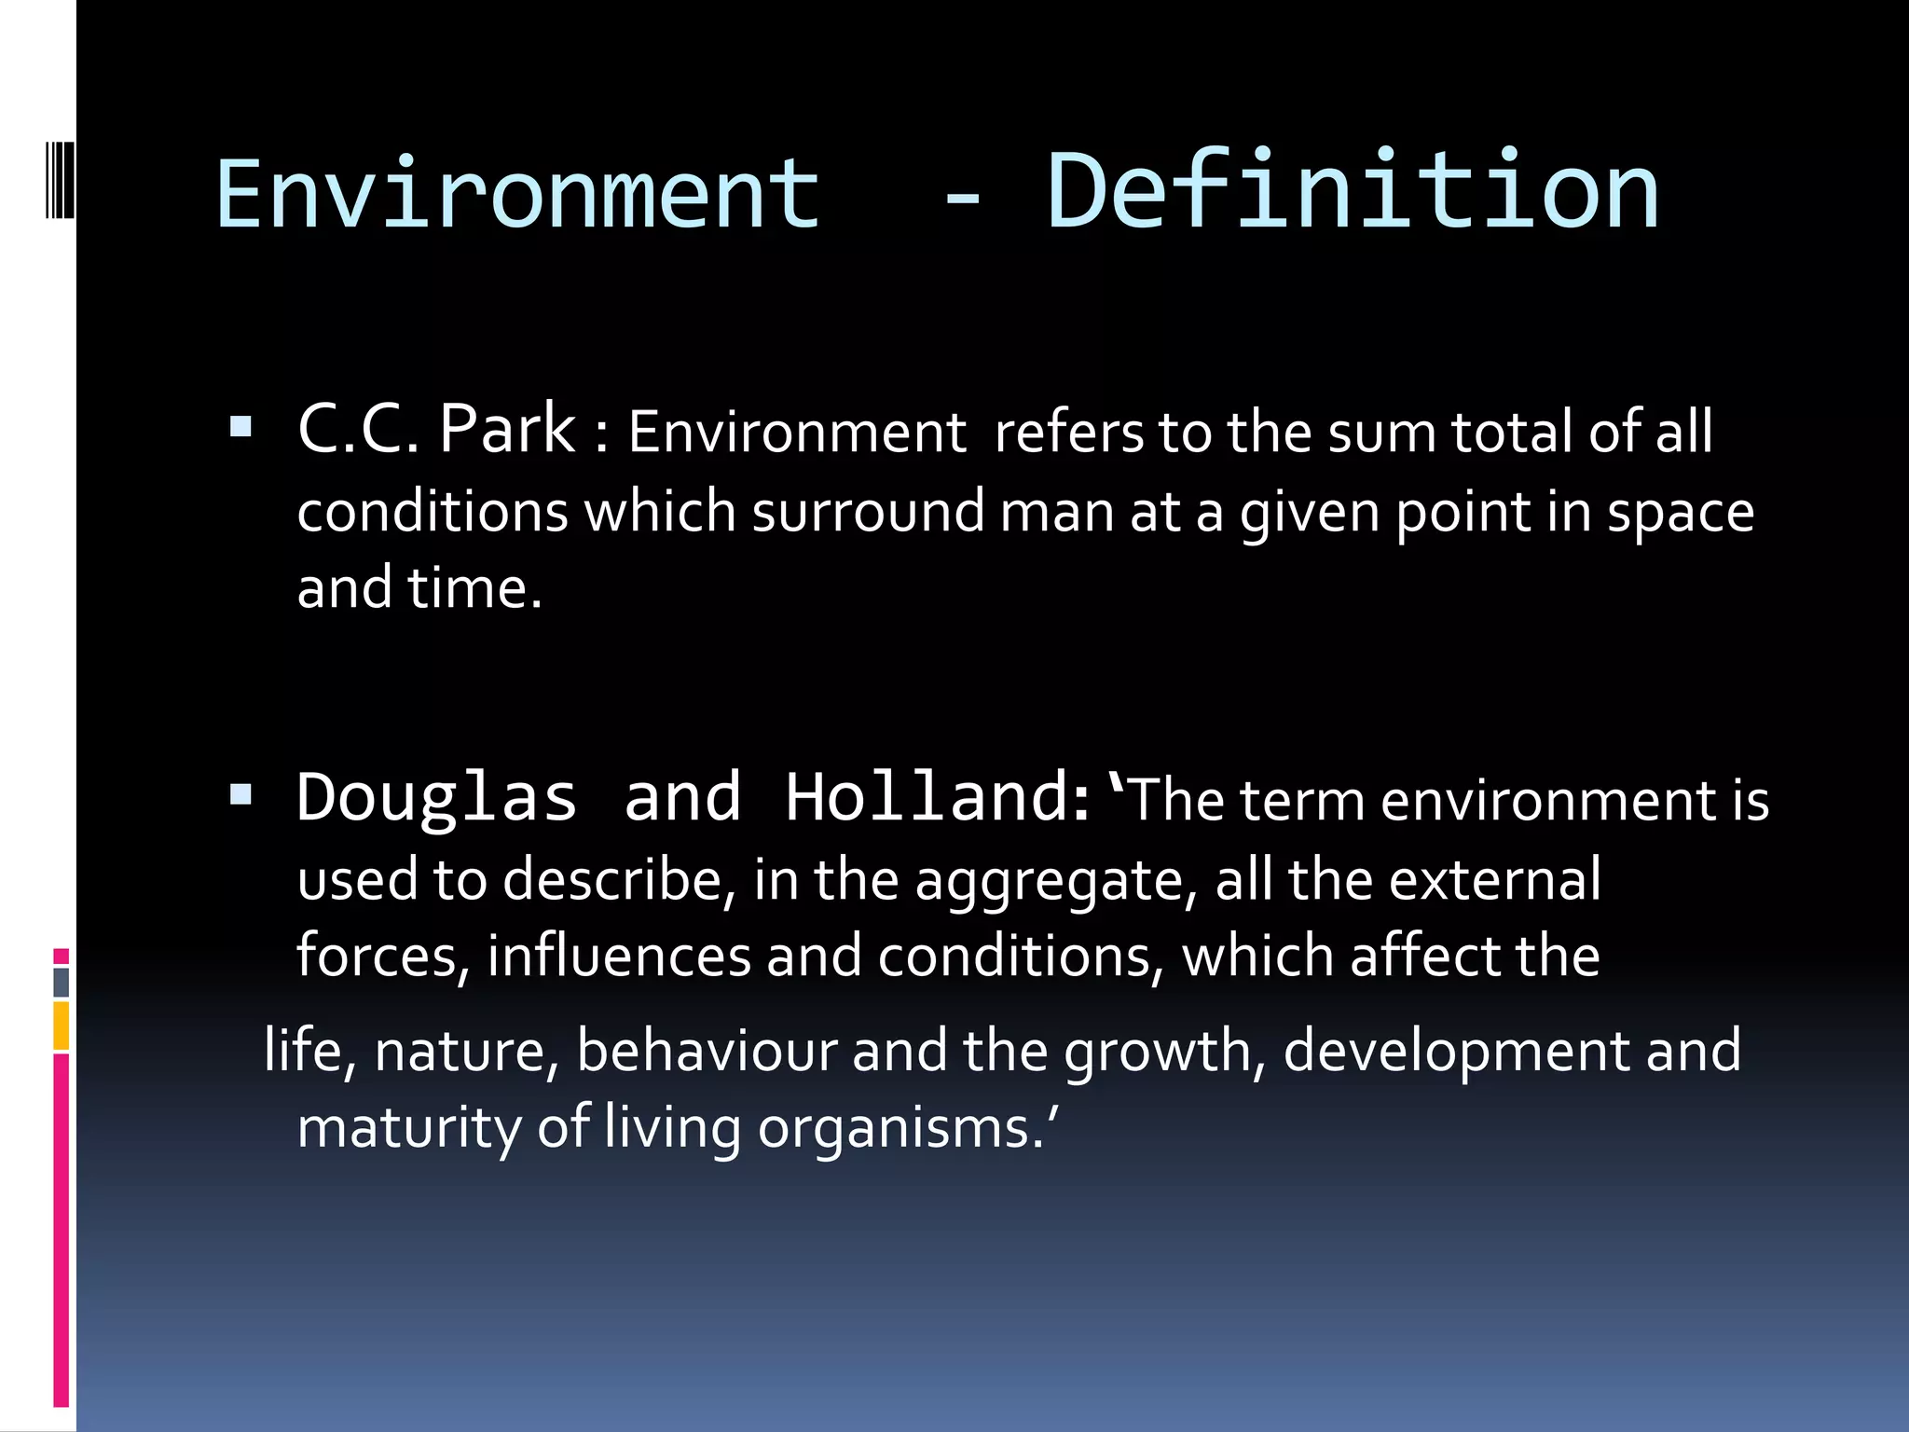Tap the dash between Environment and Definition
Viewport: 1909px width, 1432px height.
click(x=962, y=199)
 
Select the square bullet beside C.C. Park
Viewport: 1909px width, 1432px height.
click(x=240, y=428)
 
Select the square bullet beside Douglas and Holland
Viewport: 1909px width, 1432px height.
click(x=240, y=795)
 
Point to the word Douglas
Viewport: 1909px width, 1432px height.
click(x=436, y=798)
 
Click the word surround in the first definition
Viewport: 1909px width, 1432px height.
click(x=867, y=512)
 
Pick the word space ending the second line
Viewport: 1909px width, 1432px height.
click(x=1680, y=514)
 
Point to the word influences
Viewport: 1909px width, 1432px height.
click(x=618, y=957)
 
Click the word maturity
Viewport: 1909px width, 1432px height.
click(x=408, y=1128)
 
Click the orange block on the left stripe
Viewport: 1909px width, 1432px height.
click(x=62, y=1026)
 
